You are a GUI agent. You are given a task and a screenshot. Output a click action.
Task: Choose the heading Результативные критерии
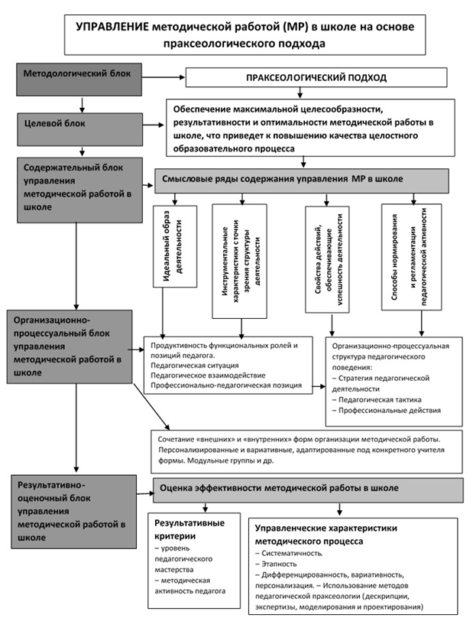pos(190,529)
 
